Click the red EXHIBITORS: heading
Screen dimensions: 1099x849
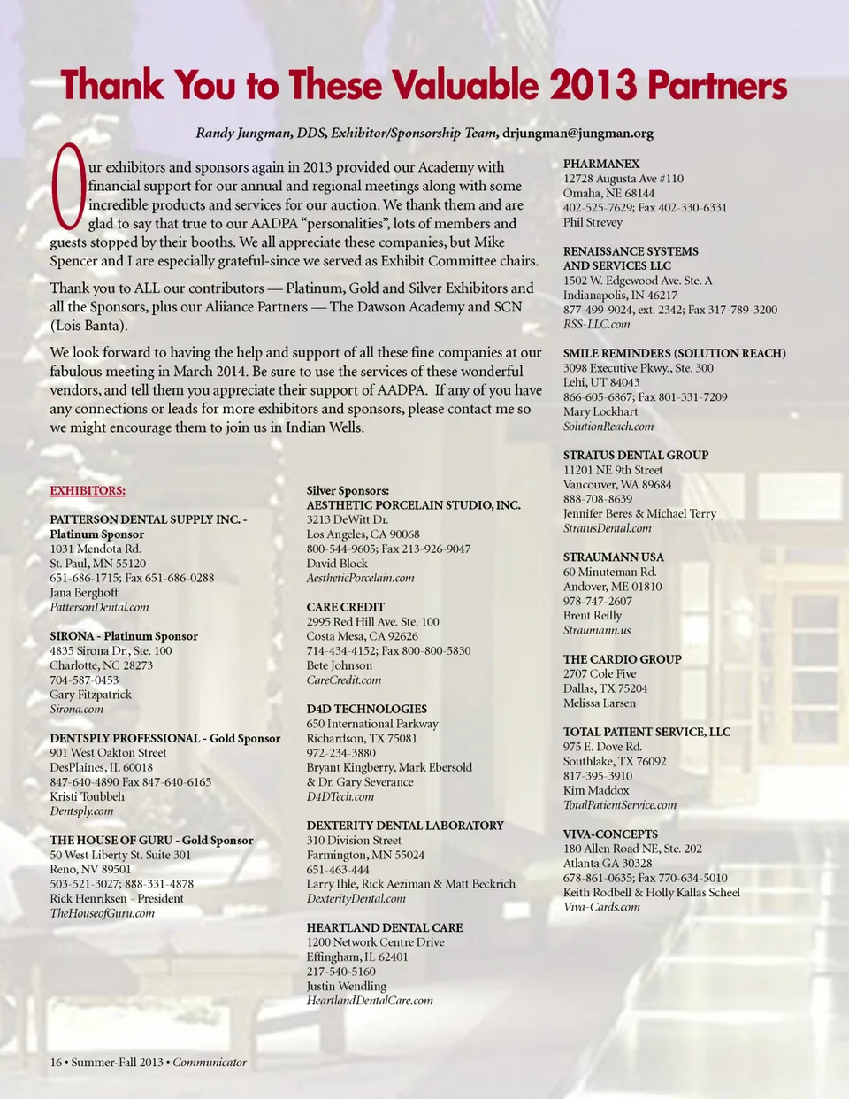coord(88,490)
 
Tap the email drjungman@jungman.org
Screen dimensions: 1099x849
coord(577,134)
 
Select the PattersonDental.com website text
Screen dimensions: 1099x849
coord(99,607)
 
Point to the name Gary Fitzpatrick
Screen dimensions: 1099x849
coord(90,695)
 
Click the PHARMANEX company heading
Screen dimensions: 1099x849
coord(601,164)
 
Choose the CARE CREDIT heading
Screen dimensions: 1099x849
coord(346,607)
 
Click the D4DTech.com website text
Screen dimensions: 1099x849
coord(340,796)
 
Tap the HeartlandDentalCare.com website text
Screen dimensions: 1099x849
coord(370,1001)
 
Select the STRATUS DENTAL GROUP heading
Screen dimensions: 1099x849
coord(636,455)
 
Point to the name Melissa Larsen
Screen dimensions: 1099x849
coord(600,703)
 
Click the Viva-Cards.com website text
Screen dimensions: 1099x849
coord(601,907)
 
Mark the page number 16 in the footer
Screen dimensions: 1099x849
coord(56,1062)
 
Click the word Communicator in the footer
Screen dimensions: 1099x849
coord(210,1062)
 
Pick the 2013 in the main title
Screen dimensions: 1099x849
coord(593,86)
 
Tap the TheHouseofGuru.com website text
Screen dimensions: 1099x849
coord(102,913)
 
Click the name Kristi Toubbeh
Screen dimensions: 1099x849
coord(87,796)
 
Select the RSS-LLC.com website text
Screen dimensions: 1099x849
coord(597,324)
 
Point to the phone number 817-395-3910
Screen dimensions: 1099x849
coord(598,776)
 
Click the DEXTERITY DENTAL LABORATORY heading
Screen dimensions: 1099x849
coord(405,826)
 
